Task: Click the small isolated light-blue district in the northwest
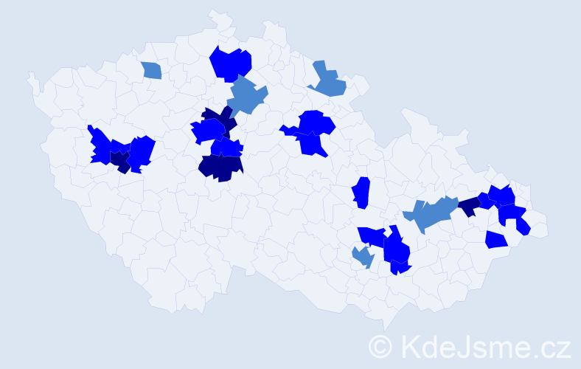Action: pyautogui.click(x=151, y=70)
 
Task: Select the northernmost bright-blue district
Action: pyautogui.click(x=232, y=63)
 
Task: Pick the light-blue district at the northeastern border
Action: pyautogui.click(x=329, y=81)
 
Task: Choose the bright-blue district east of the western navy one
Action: pyautogui.click(x=141, y=151)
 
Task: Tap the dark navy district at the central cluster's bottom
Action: pyautogui.click(x=220, y=168)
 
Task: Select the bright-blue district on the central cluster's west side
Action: pyautogui.click(x=207, y=131)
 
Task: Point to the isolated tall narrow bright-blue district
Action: pyautogui.click(x=361, y=193)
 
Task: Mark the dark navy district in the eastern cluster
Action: pyautogui.click(x=468, y=207)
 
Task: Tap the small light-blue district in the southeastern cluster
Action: pyautogui.click(x=363, y=257)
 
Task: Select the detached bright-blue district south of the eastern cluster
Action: pyautogui.click(x=496, y=240)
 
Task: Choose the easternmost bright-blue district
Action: pyautogui.click(x=523, y=227)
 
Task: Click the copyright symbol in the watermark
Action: pyautogui.click(x=380, y=347)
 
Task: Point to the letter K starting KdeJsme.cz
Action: pyautogui.click(x=408, y=347)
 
